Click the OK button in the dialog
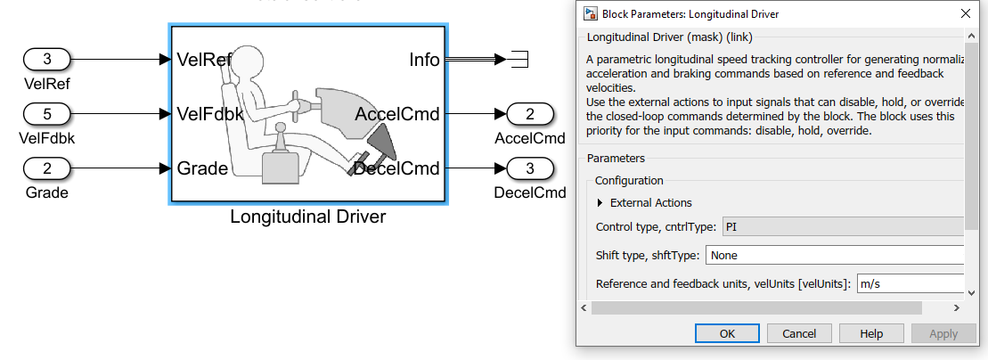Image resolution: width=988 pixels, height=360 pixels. (x=727, y=333)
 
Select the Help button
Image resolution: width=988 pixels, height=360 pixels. (x=871, y=333)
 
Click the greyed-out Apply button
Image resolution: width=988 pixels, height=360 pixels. (x=943, y=333)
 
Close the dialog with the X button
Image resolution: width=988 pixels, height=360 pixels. (x=966, y=13)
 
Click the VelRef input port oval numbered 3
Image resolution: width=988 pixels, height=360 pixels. (x=47, y=60)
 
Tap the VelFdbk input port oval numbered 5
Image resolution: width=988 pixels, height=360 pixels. (x=47, y=114)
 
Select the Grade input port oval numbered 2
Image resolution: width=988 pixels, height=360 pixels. (x=47, y=168)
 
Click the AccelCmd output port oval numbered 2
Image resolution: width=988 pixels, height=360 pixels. (x=530, y=114)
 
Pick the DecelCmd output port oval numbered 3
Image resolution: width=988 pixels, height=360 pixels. (x=530, y=168)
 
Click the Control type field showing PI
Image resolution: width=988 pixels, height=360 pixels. (x=842, y=226)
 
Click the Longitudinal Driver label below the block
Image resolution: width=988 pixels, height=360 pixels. (x=307, y=217)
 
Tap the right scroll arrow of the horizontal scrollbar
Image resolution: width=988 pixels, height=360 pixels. (x=956, y=307)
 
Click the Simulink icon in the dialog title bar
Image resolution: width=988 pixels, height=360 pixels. (x=590, y=13)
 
